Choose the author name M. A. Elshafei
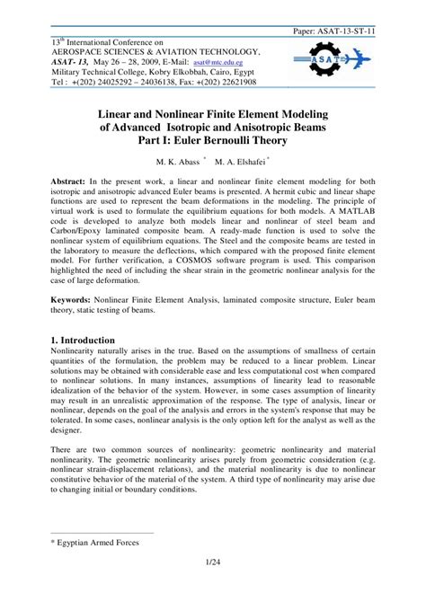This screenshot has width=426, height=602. (x=238, y=164)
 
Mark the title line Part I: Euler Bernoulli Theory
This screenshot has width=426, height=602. (x=213, y=145)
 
